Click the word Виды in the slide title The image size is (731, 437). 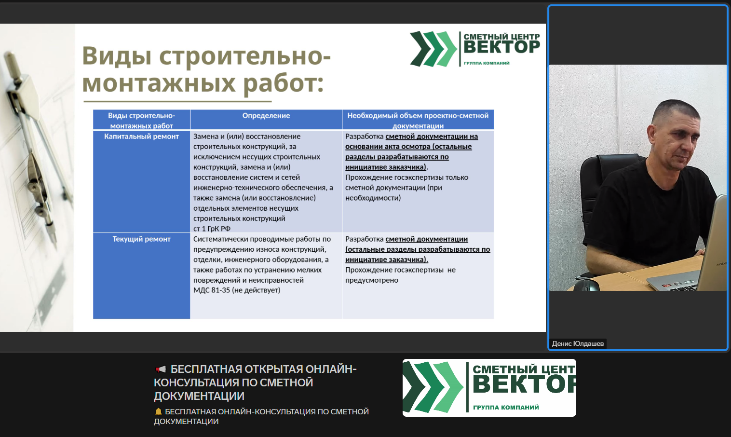point(117,55)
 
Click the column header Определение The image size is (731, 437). point(266,116)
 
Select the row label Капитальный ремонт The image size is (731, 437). point(141,137)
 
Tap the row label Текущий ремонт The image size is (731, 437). point(141,239)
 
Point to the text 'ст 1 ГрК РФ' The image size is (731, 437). point(212,229)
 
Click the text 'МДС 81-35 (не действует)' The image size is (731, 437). point(237,290)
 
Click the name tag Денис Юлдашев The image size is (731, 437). point(578,343)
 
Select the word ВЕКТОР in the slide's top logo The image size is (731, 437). point(501,47)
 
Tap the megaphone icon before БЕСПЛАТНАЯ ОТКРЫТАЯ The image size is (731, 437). point(161,369)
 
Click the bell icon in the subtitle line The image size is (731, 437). point(158,411)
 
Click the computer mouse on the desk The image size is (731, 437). point(587,286)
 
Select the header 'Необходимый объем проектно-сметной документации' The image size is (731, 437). point(418,121)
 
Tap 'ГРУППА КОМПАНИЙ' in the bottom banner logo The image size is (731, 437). point(506,407)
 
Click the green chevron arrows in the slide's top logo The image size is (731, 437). point(433,49)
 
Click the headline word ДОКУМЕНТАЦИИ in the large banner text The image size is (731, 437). point(199,396)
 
